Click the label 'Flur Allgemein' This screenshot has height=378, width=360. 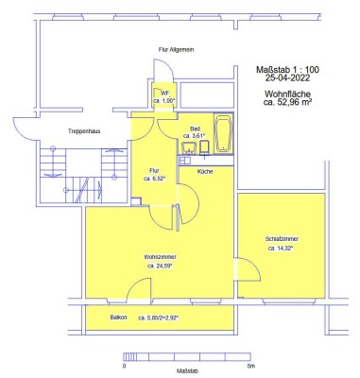click(178, 49)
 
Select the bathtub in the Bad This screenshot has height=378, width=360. click(223, 134)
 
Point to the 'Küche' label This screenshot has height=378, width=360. click(205, 172)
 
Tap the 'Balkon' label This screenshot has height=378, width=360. click(119, 317)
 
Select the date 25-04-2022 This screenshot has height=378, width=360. click(293, 79)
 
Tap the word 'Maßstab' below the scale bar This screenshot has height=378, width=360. click(186, 370)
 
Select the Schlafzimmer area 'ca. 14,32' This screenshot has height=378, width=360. click(281, 249)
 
